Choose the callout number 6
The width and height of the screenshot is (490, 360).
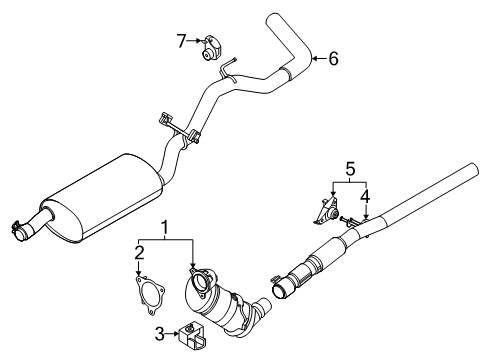point(333,59)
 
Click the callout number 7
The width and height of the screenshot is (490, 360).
point(181,41)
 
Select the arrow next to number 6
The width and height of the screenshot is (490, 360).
point(318,60)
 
